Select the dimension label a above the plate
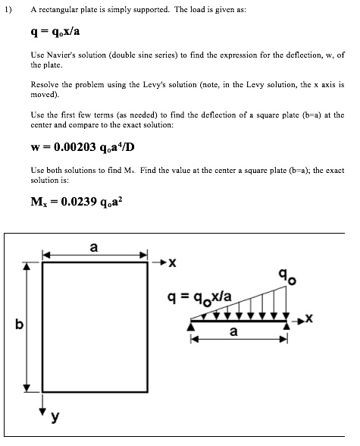point(94,247)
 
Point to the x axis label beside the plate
point(172,264)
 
